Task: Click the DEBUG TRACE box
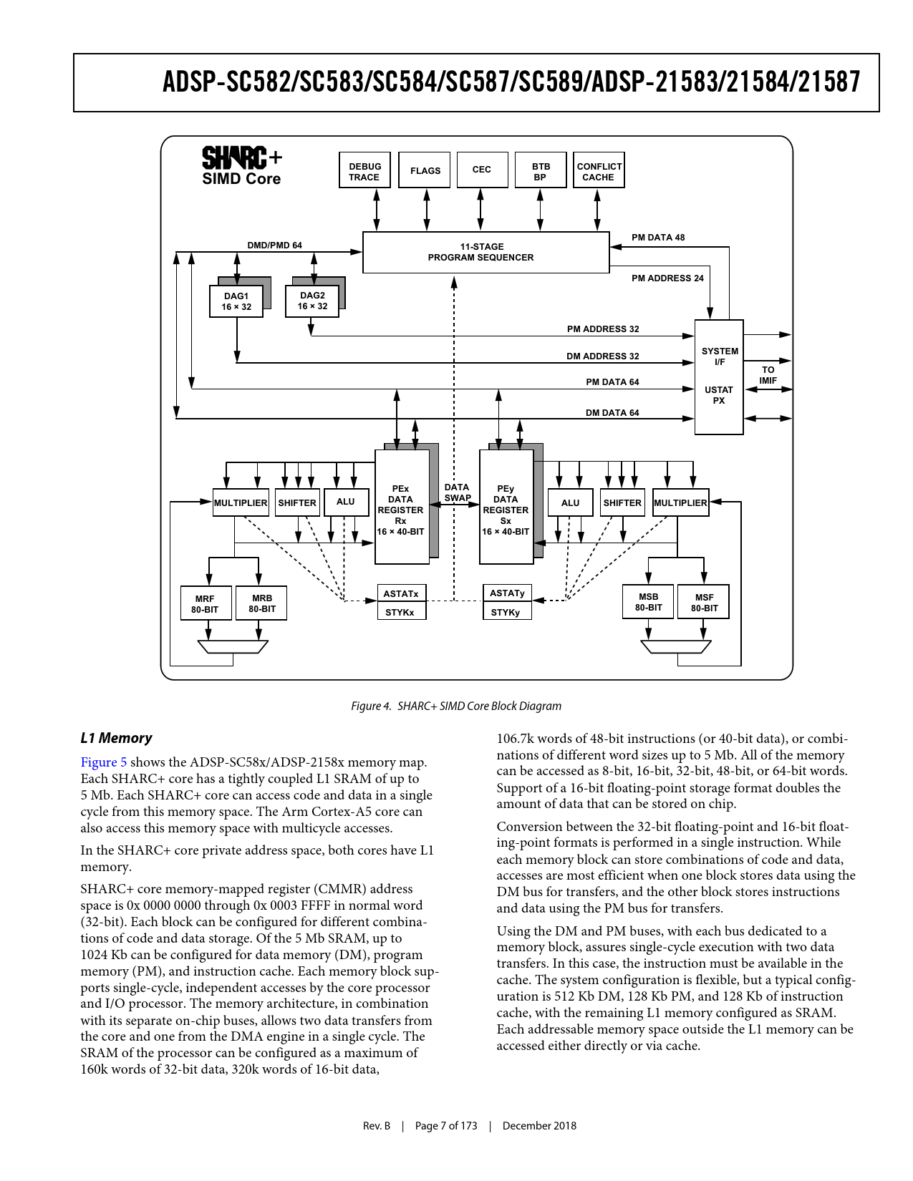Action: click(x=364, y=170)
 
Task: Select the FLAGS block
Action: click(x=425, y=170)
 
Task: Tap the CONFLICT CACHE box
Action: click(x=599, y=170)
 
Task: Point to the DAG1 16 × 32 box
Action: click(x=236, y=301)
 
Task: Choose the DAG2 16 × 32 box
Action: click(x=312, y=301)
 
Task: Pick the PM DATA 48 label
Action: click(x=657, y=238)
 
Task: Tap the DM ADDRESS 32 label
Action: click(x=602, y=356)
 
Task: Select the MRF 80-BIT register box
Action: click(x=205, y=604)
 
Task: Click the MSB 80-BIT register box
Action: click(x=648, y=602)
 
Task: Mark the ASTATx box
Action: click(x=401, y=593)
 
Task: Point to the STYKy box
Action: click(x=506, y=612)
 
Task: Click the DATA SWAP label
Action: click(x=457, y=492)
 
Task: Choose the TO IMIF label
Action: click(x=768, y=375)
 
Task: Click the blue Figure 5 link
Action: click(x=103, y=762)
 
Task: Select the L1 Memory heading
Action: click(x=116, y=738)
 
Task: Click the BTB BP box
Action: click(x=541, y=170)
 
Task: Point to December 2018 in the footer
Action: click(x=539, y=1126)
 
